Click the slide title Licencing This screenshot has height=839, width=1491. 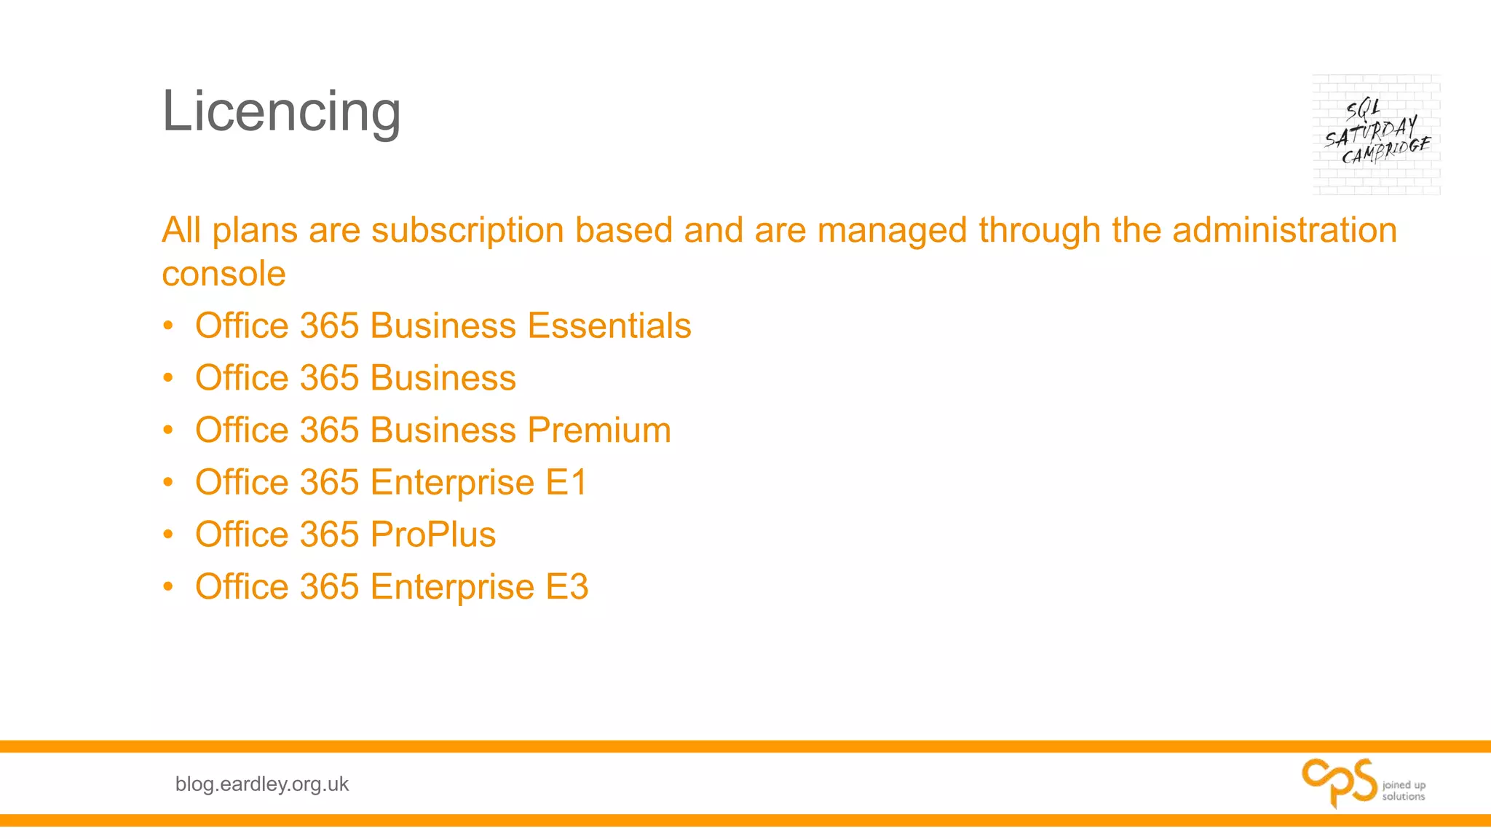281,111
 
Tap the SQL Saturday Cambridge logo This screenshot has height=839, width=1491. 1376,135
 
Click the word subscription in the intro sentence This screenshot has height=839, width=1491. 467,230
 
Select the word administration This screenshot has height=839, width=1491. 1284,230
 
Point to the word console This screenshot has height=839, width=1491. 224,275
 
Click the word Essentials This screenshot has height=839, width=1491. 609,326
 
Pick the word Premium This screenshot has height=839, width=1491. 599,430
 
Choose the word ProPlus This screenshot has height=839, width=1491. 433,535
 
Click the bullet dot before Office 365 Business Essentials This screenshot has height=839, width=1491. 168,326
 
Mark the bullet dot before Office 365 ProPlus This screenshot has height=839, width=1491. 168,535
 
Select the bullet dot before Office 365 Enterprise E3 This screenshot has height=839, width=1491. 168,587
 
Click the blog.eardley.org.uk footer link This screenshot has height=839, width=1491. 262,784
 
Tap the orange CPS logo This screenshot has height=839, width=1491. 1339,782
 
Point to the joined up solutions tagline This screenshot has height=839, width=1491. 1404,791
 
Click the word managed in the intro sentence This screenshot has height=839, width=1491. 893,230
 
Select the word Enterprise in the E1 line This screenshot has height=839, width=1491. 452,482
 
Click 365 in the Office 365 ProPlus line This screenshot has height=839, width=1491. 329,535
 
